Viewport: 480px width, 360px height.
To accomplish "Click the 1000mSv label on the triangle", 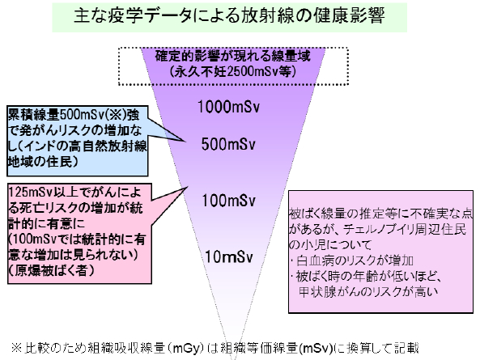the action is tap(229, 107).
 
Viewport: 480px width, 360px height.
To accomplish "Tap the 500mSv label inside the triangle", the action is tap(228, 144).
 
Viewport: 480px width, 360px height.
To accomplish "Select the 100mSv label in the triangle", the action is tap(229, 201).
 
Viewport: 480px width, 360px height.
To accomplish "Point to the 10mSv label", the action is tap(229, 256).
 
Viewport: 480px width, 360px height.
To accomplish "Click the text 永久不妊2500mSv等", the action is tap(232, 72).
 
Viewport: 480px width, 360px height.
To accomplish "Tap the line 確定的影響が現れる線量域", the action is tap(233, 56).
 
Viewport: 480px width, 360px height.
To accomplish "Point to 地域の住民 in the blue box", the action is tap(40, 161).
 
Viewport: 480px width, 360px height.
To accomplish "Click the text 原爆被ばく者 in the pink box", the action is tap(51, 271).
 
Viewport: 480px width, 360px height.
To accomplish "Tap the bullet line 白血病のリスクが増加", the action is tap(355, 260).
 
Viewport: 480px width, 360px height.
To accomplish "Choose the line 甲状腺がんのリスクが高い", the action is tap(368, 292).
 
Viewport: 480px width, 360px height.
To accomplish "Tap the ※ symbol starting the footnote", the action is tap(16, 348).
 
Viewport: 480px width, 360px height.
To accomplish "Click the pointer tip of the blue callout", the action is tap(186, 141).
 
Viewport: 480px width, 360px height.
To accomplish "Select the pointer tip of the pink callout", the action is tap(187, 187).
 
